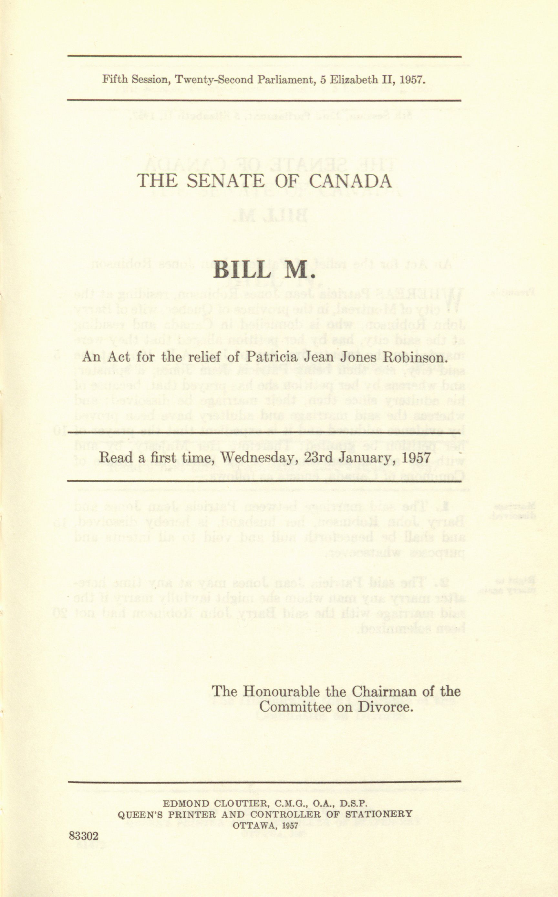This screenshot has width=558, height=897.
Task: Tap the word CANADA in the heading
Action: click(x=349, y=181)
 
